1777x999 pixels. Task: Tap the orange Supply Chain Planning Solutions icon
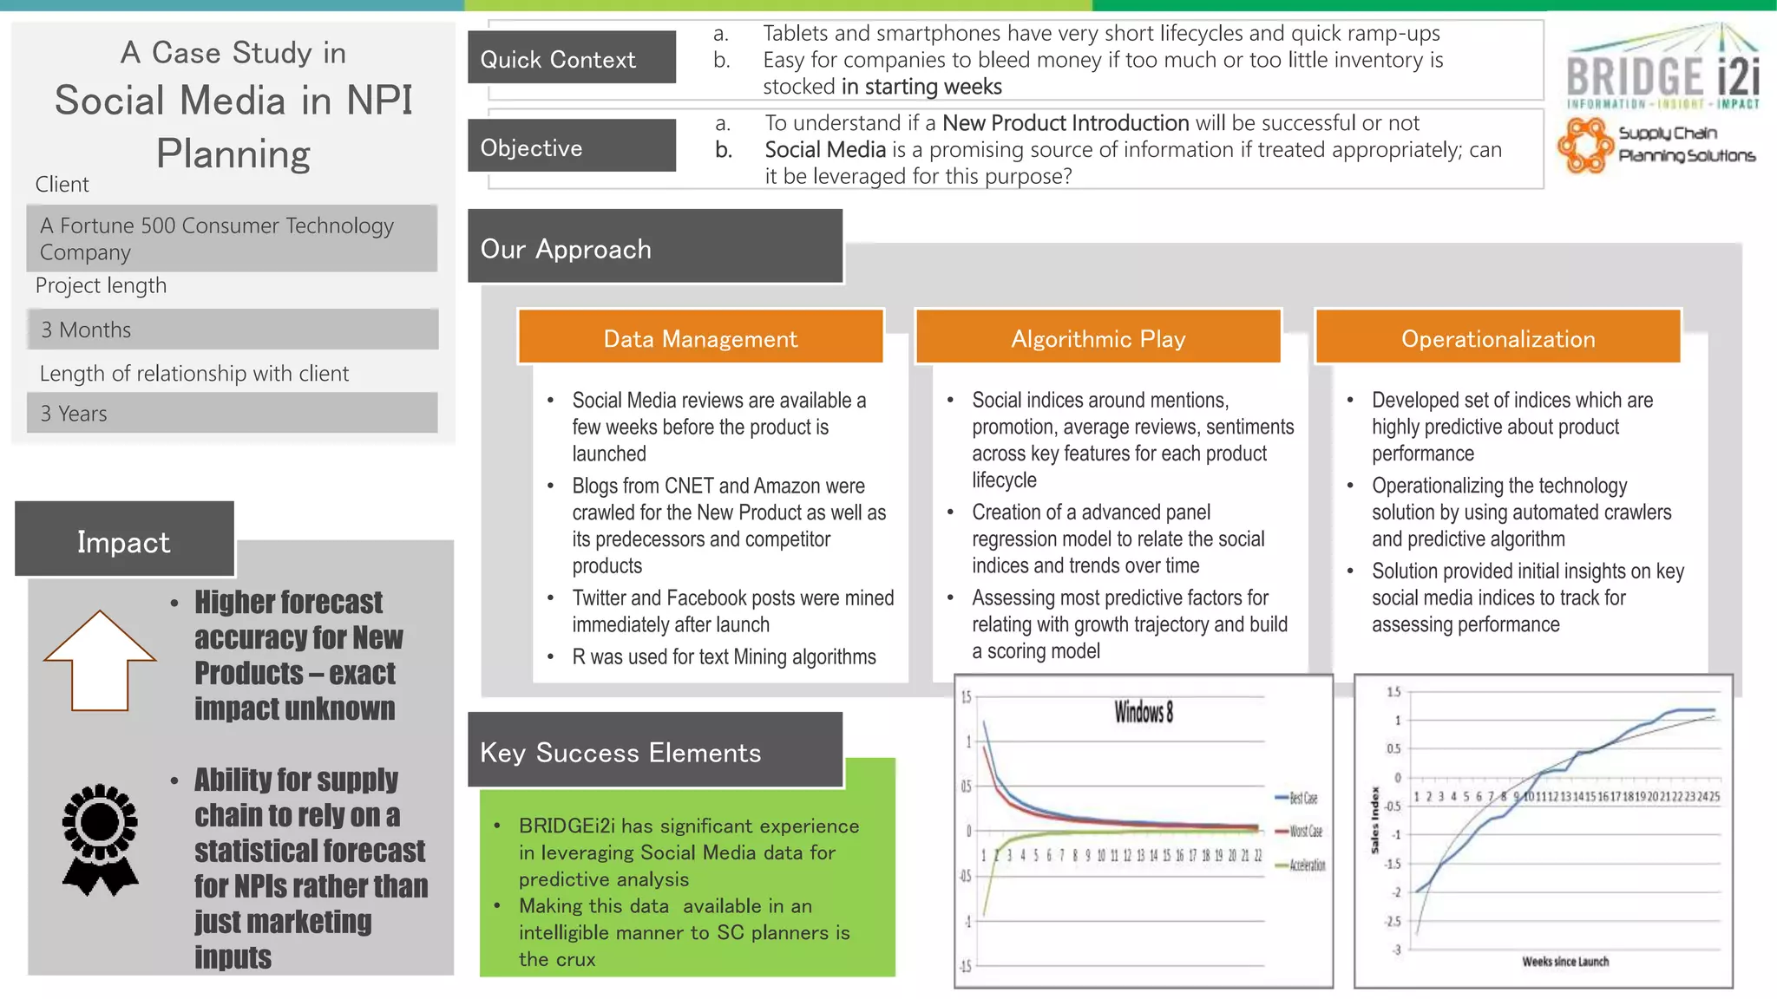1586,145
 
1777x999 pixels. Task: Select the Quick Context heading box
571,58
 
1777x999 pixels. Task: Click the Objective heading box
571,147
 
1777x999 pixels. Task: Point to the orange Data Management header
700,337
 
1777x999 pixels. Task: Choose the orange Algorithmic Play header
1098,337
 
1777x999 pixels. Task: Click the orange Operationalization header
1498,337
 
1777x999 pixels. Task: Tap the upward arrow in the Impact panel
100,661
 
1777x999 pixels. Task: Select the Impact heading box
124,540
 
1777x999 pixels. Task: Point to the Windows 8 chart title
1144,713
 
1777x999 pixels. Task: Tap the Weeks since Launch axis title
1564,961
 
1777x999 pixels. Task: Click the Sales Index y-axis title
1375,819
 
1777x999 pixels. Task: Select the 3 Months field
232,330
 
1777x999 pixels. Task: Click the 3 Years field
232,413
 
